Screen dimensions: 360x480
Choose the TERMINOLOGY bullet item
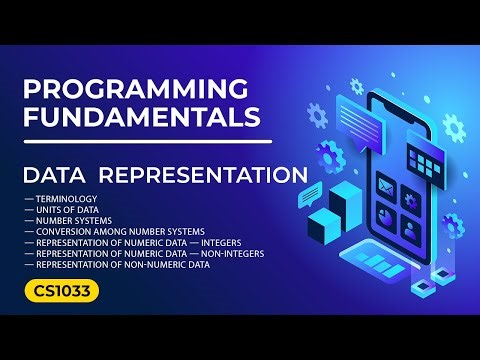pos(71,200)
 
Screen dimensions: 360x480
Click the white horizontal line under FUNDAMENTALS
pos(148,141)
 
